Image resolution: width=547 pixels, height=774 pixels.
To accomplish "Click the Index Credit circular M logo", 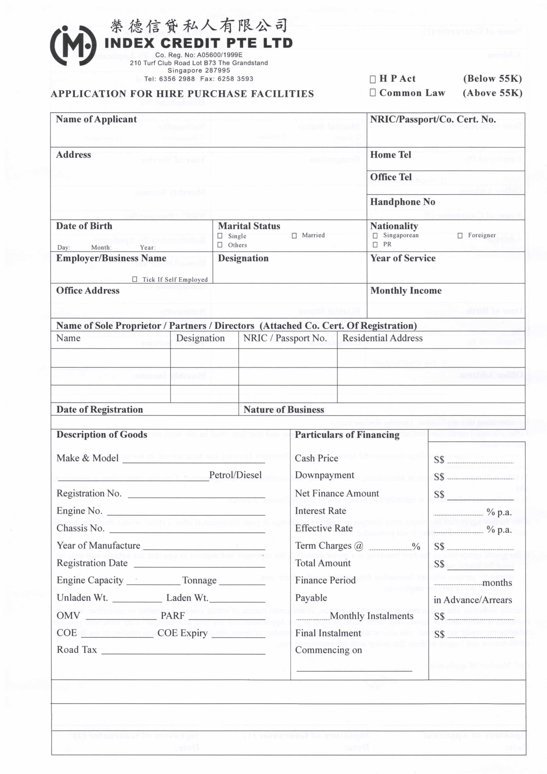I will [x=73, y=46].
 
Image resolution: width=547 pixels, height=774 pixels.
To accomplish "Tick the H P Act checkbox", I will [x=373, y=79].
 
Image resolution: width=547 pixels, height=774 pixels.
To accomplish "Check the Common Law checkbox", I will [x=373, y=93].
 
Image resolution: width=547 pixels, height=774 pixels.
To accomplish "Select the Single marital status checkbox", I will [x=220, y=236].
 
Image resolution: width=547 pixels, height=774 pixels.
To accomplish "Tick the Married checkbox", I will [x=294, y=236].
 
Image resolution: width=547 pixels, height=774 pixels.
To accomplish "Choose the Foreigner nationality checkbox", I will [x=460, y=236].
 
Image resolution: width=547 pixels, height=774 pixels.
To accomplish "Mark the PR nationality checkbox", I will [x=375, y=245].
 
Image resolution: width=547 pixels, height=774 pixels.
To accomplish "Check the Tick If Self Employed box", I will [x=135, y=279].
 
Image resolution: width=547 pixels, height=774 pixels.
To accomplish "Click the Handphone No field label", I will [x=402, y=202].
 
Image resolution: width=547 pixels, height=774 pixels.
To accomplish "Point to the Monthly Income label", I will [x=406, y=291].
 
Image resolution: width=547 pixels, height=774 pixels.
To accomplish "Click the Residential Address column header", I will [x=382, y=338].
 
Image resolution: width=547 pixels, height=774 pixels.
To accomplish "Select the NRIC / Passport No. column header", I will [x=285, y=338].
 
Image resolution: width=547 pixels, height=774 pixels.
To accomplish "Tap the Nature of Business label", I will [x=284, y=410].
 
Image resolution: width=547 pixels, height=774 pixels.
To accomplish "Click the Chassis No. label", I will [x=80, y=528].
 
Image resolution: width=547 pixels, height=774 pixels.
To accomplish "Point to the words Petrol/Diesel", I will [x=235, y=475].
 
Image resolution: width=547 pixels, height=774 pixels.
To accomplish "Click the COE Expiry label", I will [x=182, y=633].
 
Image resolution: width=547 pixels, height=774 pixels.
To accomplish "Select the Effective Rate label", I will [x=324, y=528].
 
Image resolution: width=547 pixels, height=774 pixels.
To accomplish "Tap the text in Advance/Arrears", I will [x=473, y=600].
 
